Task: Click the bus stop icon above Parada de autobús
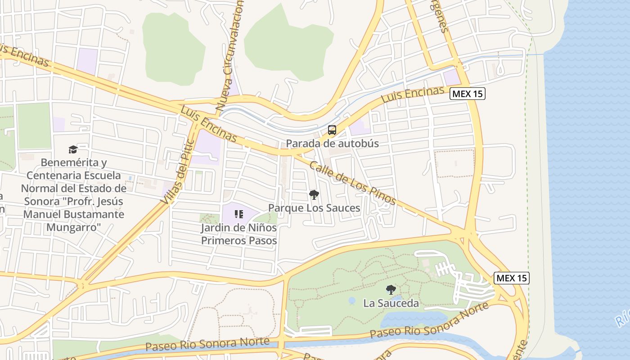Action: click(332, 130)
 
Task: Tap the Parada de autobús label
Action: click(332, 144)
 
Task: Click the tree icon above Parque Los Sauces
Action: click(314, 195)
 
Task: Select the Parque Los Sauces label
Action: click(314, 208)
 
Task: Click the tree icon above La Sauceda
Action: click(391, 290)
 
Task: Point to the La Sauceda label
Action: click(391, 303)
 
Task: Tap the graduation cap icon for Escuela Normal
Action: click(73, 149)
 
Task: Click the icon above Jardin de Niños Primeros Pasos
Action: click(238, 214)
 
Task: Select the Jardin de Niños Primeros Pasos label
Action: click(238, 234)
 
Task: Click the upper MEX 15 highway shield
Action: click(468, 94)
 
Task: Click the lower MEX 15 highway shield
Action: click(512, 278)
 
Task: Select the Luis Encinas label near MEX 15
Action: click(413, 95)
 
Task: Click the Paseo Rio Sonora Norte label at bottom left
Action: click(207, 344)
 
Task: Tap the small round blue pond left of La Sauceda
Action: click(352, 300)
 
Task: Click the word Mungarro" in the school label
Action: click(73, 227)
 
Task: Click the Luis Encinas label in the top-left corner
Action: click(25, 55)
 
